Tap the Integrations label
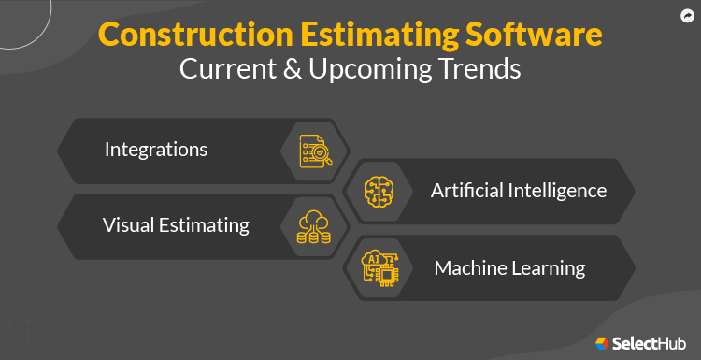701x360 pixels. pyautogui.click(x=156, y=150)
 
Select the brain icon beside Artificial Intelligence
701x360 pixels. pyautogui.click(x=381, y=190)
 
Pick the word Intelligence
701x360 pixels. pyautogui.click(x=561, y=191)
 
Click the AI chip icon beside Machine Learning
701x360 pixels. pyautogui.click(x=380, y=266)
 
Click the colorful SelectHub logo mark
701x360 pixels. pyautogui.click(x=602, y=343)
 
